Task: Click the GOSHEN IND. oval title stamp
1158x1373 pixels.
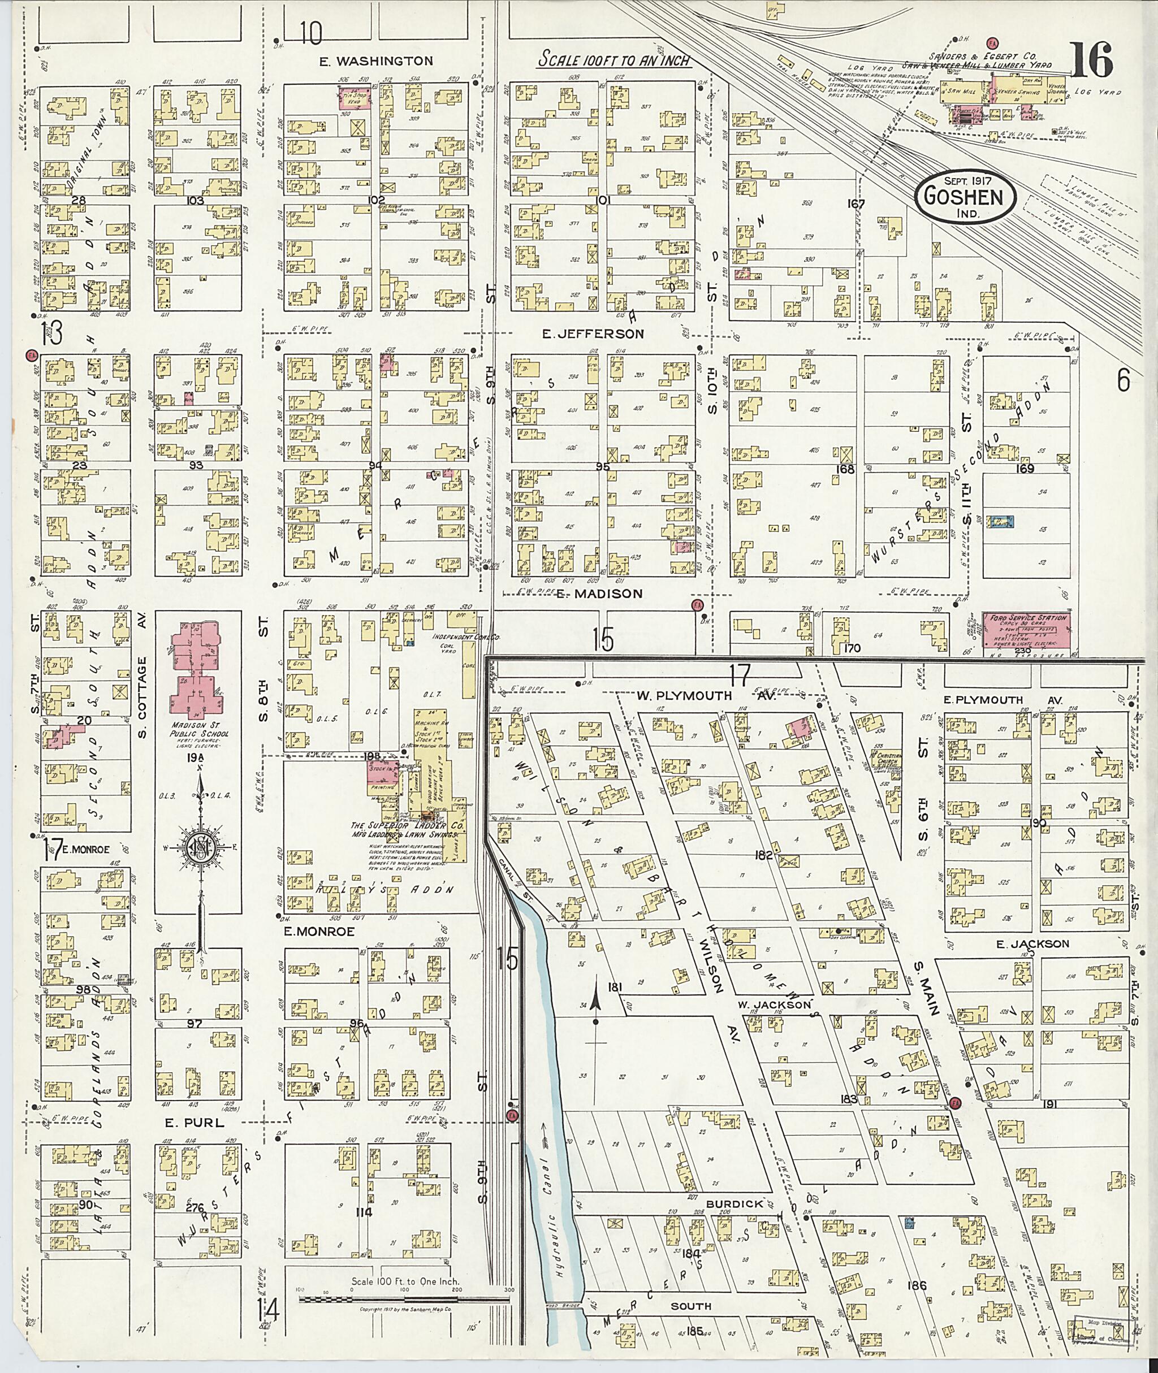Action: coord(963,196)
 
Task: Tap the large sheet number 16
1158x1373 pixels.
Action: coord(1092,60)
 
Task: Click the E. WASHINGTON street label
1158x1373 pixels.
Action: coord(376,61)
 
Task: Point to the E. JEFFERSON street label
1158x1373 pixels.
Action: coord(593,334)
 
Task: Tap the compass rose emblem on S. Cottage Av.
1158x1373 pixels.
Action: coord(200,847)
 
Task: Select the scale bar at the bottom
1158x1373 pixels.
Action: coord(407,1280)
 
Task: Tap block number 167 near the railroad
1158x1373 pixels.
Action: coord(857,203)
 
